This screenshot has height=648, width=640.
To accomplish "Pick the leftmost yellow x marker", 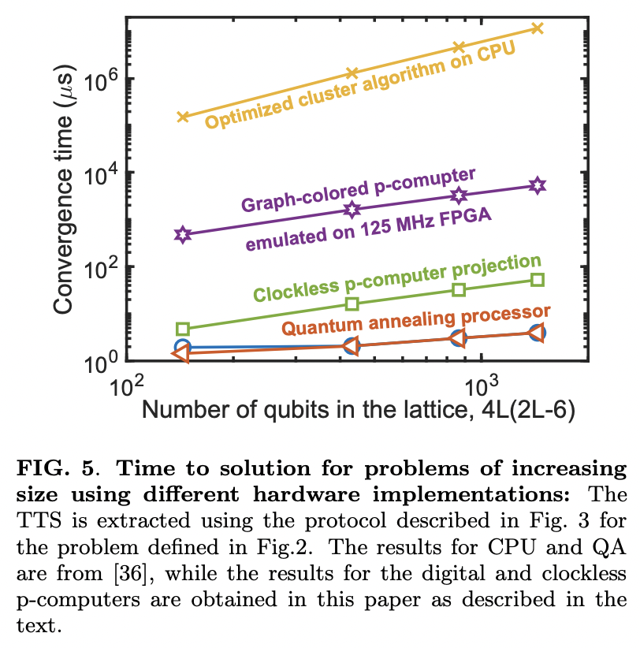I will [183, 117].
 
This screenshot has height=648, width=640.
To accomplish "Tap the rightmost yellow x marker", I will [538, 28].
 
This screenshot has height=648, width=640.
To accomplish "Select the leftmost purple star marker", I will [183, 235].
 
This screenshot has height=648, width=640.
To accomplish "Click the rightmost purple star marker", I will [538, 185].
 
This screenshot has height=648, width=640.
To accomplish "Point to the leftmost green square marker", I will [183, 329].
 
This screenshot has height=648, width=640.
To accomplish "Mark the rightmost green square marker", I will [538, 280].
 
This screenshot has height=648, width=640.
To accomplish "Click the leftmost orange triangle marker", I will [180, 355].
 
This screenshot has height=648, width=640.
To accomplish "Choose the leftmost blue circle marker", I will [183, 347].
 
